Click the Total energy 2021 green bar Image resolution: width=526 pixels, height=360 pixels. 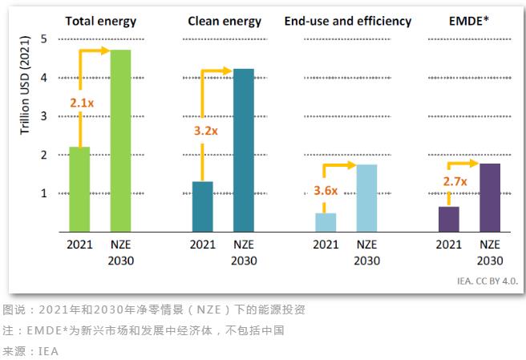(79, 189)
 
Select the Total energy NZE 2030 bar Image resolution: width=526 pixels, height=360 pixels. (120, 140)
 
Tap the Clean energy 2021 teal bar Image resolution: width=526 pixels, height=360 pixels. (203, 206)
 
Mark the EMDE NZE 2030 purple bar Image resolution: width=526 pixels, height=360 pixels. (490, 197)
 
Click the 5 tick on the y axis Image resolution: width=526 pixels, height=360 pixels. (43, 38)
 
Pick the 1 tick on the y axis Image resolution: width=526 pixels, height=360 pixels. (43, 193)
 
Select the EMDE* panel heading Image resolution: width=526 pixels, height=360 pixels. (470, 21)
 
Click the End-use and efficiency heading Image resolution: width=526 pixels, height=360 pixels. (348, 21)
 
